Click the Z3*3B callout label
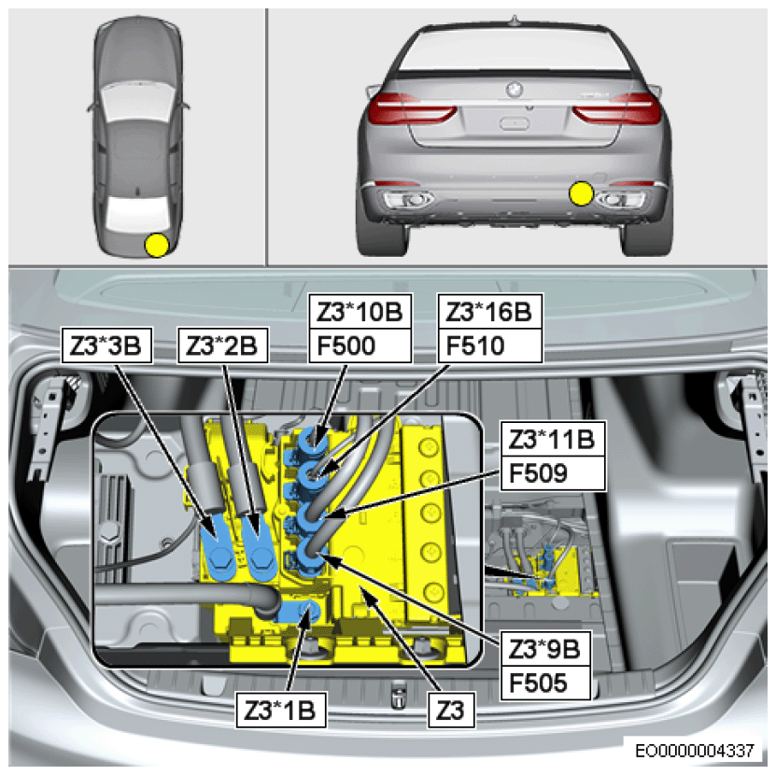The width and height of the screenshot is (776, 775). point(106,345)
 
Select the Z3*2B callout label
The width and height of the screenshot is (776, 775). point(222,345)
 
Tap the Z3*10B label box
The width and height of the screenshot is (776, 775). point(360,311)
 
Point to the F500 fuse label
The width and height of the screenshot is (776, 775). point(360,345)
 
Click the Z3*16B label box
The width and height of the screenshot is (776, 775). point(490,311)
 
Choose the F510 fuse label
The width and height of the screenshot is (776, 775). point(490,345)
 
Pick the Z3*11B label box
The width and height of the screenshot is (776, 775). point(553,439)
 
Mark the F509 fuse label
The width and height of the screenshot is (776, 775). point(553,473)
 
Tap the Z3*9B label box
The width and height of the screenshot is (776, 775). point(545,649)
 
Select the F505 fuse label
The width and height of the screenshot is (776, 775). point(545,683)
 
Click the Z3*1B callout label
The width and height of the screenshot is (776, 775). point(281,711)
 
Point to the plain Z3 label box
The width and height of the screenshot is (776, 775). point(451,711)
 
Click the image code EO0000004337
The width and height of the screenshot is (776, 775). point(695,750)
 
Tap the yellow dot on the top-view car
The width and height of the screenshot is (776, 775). point(157,245)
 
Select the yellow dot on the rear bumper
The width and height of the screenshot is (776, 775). point(581,193)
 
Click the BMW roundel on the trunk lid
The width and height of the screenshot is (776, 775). point(515,90)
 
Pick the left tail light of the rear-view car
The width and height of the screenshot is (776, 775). point(411,109)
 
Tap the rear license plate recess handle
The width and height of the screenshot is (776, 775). point(515,123)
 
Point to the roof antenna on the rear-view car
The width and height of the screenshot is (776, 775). point(515,21)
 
